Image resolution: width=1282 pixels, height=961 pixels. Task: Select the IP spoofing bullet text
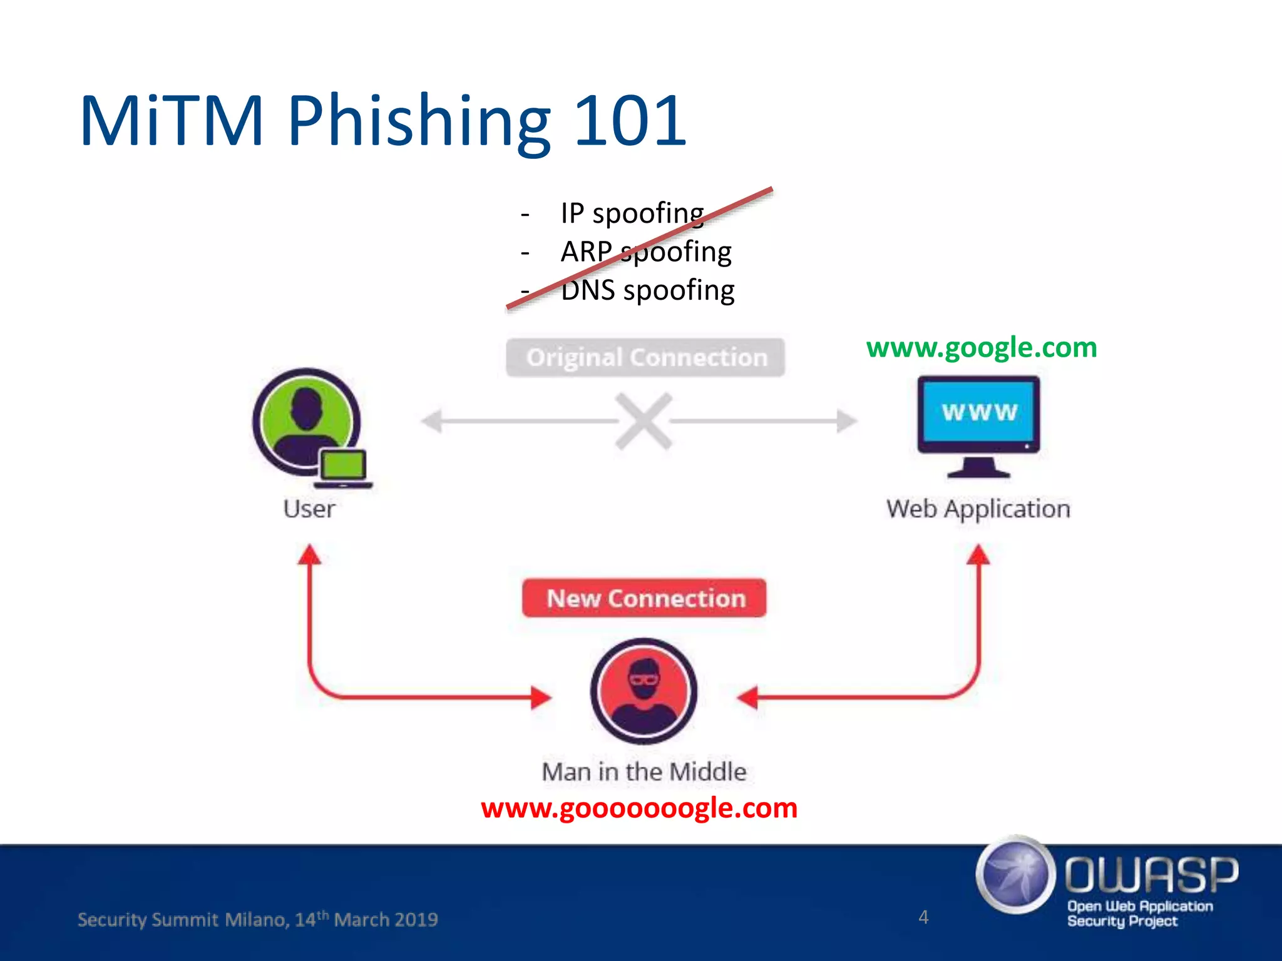point(632,213)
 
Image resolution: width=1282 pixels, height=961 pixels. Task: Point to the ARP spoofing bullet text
point(646,252)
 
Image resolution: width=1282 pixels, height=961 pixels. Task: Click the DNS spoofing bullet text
point(647,291)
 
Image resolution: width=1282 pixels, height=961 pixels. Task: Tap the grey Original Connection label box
point(645,358)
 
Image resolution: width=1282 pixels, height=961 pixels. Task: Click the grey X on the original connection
point(644,421)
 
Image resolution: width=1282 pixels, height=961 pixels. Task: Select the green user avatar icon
point(305,420)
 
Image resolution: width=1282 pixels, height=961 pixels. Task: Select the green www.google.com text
point(982,348)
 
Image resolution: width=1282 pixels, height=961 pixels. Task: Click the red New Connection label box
point(645,598)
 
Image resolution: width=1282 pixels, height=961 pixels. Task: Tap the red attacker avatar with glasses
point(644,691)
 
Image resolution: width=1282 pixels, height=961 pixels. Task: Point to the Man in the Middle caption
point(644,772)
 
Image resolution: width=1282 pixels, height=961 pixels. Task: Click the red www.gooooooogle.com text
point(639,808)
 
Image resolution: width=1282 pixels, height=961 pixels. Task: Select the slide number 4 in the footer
point(923,917)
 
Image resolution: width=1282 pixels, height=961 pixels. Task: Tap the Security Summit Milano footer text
point(257,920)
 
